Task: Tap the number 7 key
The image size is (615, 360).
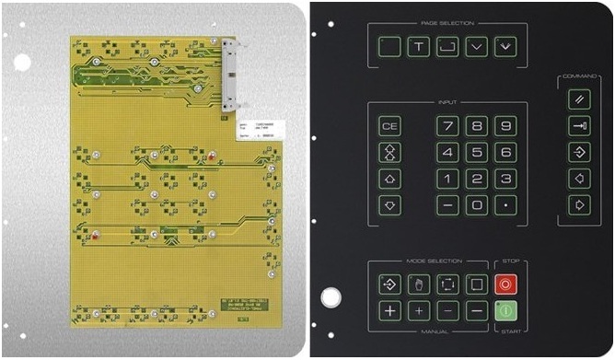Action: (447, 126)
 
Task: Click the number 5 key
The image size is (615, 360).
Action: (476, 153)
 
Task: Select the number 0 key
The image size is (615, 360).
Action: (476, 205)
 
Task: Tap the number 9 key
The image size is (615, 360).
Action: (505, 126)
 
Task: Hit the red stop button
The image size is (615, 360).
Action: (505, 284)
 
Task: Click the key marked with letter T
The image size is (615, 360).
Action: (419, 46)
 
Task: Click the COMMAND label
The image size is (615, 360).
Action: (579, 77)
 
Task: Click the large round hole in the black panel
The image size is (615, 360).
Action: (329, 297)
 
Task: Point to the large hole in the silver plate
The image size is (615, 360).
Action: (21, 62)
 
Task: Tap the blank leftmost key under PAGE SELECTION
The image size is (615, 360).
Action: (390, 46)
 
